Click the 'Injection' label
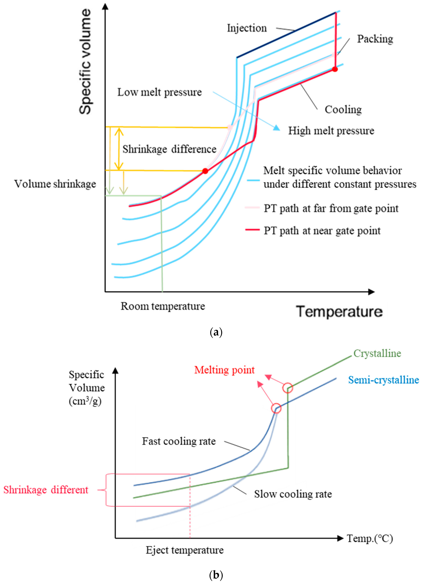247,28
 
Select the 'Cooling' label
343,109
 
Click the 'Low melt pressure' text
160,92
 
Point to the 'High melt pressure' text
331,131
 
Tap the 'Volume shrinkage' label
55,184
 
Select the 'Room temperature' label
163,306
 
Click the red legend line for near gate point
252,229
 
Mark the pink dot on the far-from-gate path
230,127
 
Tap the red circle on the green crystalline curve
288,388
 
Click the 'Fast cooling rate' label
179,441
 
